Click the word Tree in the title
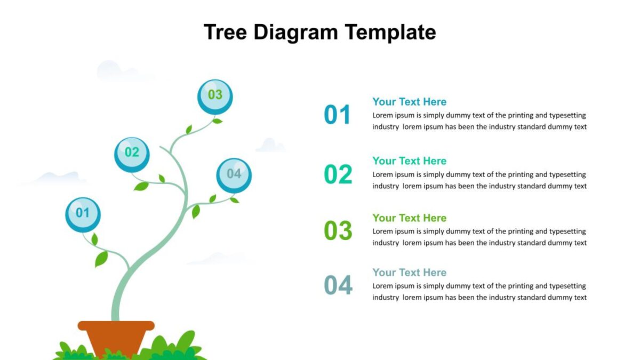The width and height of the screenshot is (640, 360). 225,32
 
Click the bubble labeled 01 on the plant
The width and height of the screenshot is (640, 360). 83,215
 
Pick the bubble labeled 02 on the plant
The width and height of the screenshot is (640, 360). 132,155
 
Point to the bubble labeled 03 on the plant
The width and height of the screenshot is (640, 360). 215,97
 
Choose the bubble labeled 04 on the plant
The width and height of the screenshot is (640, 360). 234,175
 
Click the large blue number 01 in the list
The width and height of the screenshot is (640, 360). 337,115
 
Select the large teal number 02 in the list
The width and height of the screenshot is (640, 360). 338,174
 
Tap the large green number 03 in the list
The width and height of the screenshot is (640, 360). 338,230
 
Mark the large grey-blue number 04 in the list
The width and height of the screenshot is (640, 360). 338,285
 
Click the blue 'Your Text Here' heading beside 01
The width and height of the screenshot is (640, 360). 409,102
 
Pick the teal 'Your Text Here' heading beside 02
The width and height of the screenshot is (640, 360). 409,161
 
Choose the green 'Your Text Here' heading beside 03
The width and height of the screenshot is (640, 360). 409,218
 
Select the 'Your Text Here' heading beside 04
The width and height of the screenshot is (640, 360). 409,273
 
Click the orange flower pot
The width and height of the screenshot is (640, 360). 116,339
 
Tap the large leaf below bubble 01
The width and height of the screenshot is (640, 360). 101,259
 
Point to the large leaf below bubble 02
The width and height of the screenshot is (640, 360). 141,186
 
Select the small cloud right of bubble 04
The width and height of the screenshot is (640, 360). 270,145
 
